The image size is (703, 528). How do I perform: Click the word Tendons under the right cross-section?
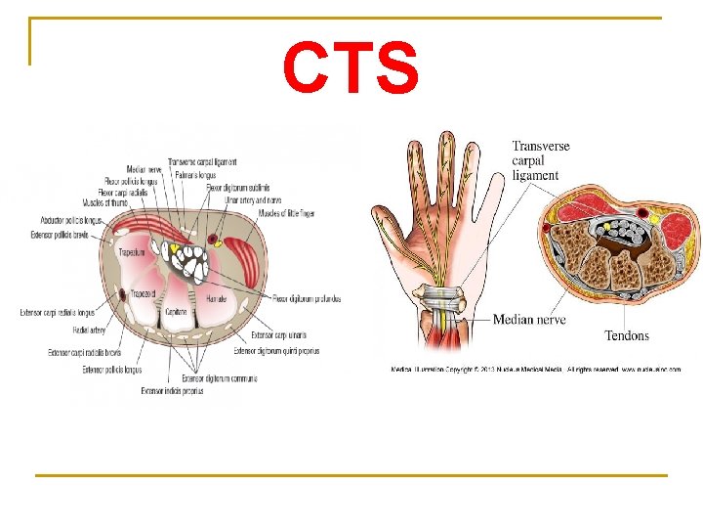tap(626, 335)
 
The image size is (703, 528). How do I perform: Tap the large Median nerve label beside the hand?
tap(528, 320)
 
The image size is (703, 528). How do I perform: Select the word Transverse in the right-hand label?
tap(541, 147)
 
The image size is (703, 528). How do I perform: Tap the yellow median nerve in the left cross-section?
tap(174, 247)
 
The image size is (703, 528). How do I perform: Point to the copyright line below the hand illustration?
tap(535, 370)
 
